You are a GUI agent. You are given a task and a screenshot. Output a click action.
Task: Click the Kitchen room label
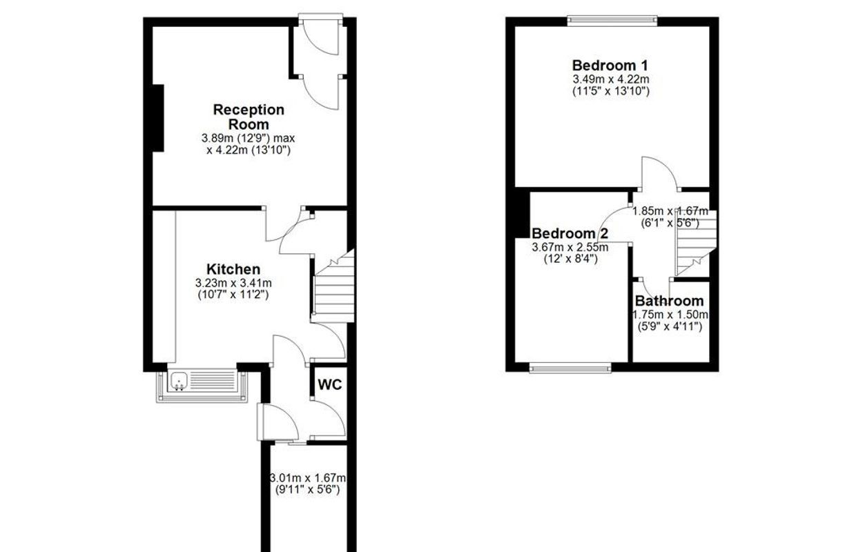click(233, 269)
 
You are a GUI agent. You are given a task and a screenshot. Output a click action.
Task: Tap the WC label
click(330, 384)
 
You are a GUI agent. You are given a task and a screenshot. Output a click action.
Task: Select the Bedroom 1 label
click(610, 66)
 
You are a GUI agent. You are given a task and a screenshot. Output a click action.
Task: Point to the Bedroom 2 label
click(570, 233)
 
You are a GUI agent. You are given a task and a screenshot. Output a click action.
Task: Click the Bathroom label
click(669, 301)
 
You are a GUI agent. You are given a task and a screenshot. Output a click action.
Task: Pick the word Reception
click(249, 110)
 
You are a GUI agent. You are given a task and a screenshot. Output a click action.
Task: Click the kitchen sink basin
click(179, 382)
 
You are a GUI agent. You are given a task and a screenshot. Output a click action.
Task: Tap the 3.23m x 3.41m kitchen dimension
click(233, 284)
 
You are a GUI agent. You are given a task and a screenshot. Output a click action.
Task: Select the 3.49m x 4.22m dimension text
click(611, 79)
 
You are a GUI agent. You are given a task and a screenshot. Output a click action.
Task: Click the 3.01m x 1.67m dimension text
click(307, 478)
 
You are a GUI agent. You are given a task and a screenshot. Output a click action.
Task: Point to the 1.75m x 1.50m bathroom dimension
click(670, 315)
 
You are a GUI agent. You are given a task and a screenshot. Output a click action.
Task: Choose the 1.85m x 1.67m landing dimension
click(670, 211)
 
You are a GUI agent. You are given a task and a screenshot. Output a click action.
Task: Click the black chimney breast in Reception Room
click(158, 118)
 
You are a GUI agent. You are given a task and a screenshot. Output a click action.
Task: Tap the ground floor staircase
click(334, 288)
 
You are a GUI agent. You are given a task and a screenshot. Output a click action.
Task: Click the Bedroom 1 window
click(612, 21)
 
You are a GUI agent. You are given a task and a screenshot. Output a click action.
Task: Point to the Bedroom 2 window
click(570, 368)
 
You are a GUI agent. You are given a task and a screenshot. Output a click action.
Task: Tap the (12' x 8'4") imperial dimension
click(570, 259)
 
